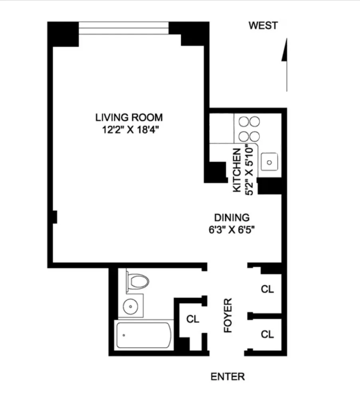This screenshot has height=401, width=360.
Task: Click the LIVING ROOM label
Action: click(129, 117)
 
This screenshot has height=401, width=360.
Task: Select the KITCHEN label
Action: click(237, 169)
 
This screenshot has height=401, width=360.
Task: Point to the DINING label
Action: click(231, 218)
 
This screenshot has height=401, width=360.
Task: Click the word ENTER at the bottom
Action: click(227, 376)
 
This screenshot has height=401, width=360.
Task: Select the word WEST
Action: click(263, 26)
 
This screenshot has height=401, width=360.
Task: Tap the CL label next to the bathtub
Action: click(193, 319)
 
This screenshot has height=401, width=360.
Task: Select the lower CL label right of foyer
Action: click(267, 334)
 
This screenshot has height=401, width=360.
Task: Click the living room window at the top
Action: click(123, 28)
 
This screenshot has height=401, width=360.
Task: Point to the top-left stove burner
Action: click(243, 121)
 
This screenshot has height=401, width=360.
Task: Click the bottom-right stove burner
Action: click(254, 135)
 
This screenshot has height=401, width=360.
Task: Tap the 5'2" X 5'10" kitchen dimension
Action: click(250, 169)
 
